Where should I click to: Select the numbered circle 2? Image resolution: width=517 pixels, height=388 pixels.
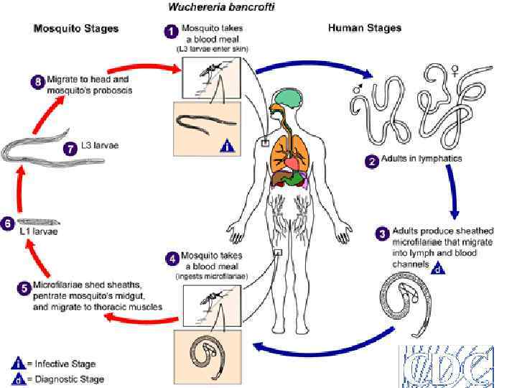tap(372, 162)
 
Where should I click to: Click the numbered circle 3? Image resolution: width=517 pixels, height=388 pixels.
tap(383, 234)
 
